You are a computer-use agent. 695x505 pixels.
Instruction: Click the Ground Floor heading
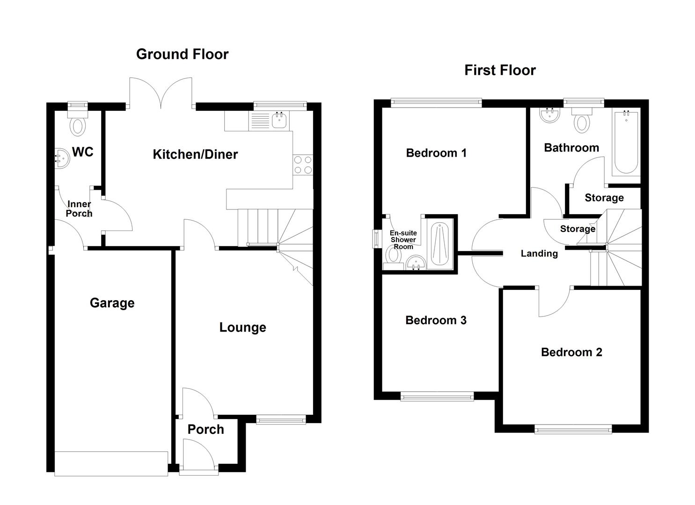tap(182, 54)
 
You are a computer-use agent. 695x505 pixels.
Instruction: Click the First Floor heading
tap(500, 70)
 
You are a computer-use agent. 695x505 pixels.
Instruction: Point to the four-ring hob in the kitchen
tap(302, 165)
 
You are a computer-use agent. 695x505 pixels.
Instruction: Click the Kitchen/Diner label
tap(195, 154)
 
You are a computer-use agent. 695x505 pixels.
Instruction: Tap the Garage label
tap(112, 303)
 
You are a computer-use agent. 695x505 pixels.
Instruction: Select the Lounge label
tap(242, 327)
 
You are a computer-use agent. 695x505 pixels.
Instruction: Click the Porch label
tap(205, 429)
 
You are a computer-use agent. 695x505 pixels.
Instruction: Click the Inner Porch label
tap(79, 209)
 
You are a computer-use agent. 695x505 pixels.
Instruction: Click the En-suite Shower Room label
tap(403, 240)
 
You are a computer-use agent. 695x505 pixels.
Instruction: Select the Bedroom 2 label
tap(571, 352)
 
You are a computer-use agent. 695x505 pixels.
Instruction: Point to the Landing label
tap(539, 253)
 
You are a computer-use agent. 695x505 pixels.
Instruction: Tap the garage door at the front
tap(111, 463)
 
